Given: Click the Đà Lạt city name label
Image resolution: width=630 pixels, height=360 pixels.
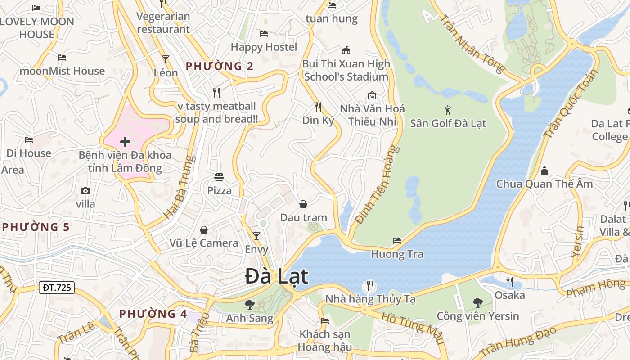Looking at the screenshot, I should click(277, 276).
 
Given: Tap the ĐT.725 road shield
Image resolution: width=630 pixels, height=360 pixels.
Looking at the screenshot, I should click(56, 287).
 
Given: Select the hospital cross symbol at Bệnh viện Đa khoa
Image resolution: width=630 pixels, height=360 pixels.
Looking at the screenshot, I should click(125, 142).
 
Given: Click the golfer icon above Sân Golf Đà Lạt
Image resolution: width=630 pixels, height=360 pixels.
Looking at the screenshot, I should click(447, 110).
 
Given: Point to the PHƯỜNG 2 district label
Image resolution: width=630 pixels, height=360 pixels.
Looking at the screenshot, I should click(220, 66).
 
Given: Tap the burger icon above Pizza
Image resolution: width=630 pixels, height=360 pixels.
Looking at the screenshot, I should click(219, 177).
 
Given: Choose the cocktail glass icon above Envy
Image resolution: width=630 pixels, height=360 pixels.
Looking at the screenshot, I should click(256, 236).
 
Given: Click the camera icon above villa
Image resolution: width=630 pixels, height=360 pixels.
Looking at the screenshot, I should click(85, 191).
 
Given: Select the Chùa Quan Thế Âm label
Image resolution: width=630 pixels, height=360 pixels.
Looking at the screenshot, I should click(544, 184).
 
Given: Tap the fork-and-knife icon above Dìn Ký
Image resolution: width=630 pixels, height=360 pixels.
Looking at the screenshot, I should click(318, 107).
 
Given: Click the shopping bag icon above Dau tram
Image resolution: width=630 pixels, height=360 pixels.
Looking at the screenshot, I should click(303, 204).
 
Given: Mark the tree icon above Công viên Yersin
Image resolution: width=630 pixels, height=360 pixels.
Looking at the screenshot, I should click(477, 303).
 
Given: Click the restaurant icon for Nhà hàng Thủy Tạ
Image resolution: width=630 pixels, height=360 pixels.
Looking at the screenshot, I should click(370, 285).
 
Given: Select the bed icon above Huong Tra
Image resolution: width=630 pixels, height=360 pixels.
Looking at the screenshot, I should click(397, 241).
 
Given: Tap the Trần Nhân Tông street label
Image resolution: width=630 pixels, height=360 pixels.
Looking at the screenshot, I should click(471, 44).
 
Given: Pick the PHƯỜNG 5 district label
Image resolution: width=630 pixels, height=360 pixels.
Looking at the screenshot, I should click(36, 227).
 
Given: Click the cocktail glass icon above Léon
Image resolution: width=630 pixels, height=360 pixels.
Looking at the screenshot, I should click(166, 59).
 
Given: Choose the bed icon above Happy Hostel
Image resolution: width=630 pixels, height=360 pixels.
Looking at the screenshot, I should click(264, 34).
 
